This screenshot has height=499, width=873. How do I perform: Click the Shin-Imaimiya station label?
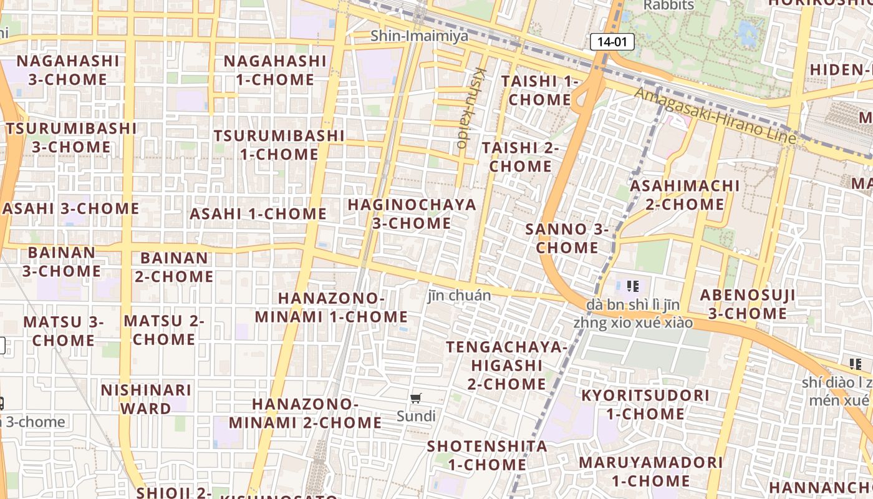[419, 36]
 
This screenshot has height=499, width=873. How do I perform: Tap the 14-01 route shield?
[612, 42]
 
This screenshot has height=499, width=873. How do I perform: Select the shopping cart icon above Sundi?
[416, 398]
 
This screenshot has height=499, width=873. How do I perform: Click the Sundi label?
[416, 415]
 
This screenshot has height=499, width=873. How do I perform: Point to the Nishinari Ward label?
[146, 399]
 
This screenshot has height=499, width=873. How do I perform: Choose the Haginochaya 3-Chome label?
[412, 213]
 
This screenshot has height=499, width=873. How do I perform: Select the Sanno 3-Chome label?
[567, 238]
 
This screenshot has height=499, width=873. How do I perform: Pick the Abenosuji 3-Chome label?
[747, 304]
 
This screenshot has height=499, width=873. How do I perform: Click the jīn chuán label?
[460, 295]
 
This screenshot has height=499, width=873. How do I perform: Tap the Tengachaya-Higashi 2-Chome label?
[506, 365]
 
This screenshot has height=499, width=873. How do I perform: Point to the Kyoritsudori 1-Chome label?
[645, 404]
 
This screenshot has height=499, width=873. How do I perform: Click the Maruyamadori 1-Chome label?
[650, 472]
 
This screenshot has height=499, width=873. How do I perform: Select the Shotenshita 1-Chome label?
[487, 455]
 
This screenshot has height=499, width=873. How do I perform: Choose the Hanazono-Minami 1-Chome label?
[331, 307]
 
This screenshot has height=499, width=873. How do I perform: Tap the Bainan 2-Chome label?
[174, 266]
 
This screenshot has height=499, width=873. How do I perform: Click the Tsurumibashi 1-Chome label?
[279, 144]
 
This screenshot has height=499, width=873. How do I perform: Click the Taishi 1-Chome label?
[540, 90]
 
